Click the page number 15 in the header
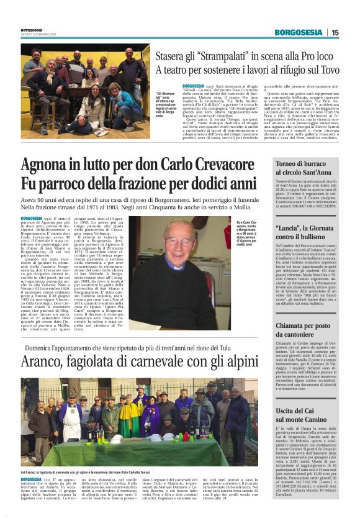[x=335, y=32]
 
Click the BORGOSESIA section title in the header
[x=299, y=32]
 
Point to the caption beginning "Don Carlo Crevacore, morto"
[x=247, y=234]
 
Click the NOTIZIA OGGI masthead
[x=30, y=29]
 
